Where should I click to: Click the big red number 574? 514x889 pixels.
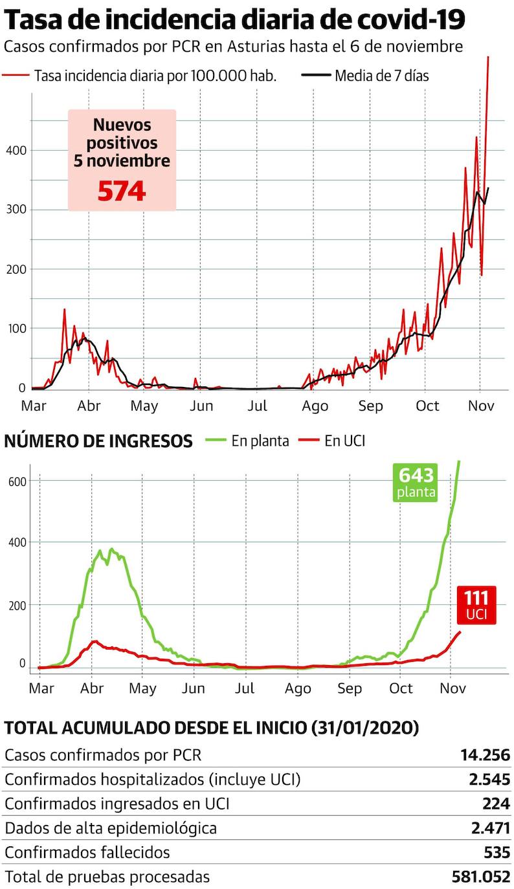[x=122, y=191]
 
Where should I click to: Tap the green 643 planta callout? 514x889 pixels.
[x=416, y=483]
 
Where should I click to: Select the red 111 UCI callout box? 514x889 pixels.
[x=476, y=605]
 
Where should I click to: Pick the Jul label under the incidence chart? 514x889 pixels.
[x=257, y=406]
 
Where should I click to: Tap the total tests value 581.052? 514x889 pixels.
[x=481, y=877]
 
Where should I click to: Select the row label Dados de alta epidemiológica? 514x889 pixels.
[x=111, y=828]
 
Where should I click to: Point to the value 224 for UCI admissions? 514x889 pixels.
[x=497, y=804]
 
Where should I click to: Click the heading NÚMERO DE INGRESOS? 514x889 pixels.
[x=98, y=441]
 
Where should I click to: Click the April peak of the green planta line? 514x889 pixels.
[x=111, y=550]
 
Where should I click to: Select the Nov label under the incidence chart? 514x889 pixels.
[x=481, y=406]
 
